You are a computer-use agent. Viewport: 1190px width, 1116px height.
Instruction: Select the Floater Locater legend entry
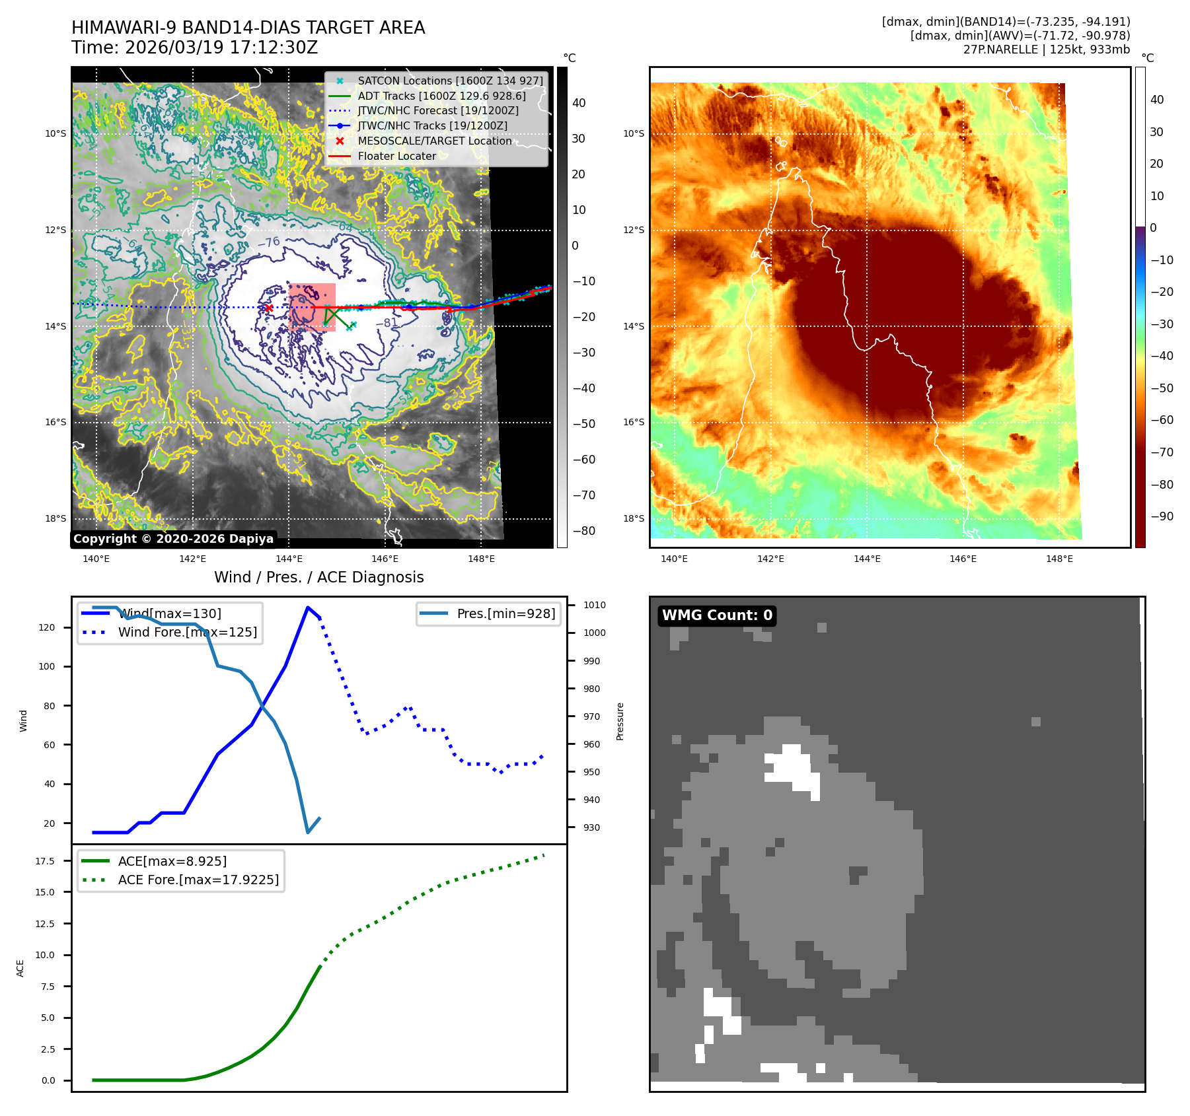click(x=396, y=157)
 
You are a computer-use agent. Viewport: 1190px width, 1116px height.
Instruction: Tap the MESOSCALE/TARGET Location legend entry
click(x=434, y=141)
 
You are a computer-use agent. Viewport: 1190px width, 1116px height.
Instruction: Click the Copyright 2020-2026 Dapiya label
click(x=173, y=539)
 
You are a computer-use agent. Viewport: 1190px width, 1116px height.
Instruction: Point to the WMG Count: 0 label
click(x=717, y=615)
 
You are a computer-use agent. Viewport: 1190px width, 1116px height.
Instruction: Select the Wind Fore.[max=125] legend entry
click(x=187, y=632)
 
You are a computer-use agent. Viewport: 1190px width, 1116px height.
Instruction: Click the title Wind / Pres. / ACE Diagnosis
click(x=318, y=577)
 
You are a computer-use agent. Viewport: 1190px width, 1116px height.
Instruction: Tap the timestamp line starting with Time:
click(x=194, y=48)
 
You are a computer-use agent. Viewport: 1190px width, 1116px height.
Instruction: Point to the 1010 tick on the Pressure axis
click(x=594, y=605)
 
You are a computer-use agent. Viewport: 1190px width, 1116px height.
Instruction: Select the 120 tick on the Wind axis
click(x=47, y=627)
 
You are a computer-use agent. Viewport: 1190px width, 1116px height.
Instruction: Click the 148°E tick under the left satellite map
click(x=481, y=559)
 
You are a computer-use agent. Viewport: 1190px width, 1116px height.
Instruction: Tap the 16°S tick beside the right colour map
click(x=633, y=422)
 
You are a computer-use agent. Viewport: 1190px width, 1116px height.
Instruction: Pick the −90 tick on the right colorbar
click(x=1162, y=516)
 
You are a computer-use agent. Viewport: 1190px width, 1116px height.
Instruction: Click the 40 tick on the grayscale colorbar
click(x=579, y=103)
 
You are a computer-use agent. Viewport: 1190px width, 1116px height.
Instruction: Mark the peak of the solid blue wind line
click(x=308, y=607)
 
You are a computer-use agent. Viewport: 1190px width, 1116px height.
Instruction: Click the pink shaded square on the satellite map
click(x=312, y=307)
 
